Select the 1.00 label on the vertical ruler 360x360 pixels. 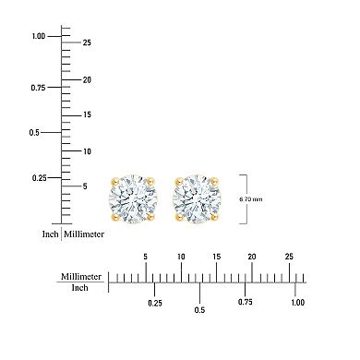point(39,36)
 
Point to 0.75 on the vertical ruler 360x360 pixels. point(39,88)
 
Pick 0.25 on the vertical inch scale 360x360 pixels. point(39,177)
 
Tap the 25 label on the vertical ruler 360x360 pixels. point(86,43)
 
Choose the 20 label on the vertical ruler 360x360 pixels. point(86,79)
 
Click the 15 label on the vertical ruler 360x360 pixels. point(86,114)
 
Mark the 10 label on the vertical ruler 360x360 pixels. point(86,150)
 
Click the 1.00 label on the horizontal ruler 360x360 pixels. point(296,302)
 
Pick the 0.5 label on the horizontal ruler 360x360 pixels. point(199,309)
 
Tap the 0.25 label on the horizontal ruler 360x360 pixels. point(155,302)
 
